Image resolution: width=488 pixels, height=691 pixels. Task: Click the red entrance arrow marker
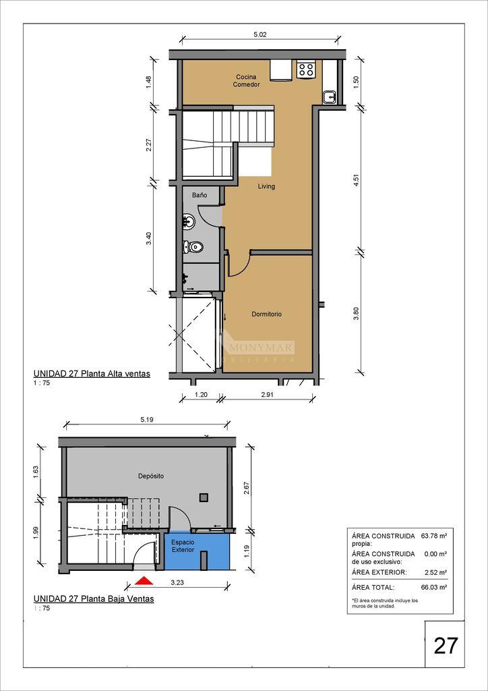click(144, 581)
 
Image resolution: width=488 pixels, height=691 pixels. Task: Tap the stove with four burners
click(306, 70)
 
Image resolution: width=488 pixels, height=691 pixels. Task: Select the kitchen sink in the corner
click(329, 97)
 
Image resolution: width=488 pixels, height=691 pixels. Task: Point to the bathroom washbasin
click(189, 221)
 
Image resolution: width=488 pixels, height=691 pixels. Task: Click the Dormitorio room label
click(267, 314)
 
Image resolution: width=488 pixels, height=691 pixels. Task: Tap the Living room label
click(266, 186)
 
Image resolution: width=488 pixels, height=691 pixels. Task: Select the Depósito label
click(151, 476)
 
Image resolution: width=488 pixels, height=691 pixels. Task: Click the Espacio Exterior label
click(183, 547)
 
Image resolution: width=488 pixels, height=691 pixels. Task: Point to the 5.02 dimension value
click(261, 34)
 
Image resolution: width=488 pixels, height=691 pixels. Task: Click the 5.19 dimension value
click(146, 420)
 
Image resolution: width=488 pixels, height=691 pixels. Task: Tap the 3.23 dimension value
click(177, 582)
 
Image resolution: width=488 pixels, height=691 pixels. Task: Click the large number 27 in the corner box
click(446, 646)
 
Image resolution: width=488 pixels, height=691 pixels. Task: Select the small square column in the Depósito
click(204, 497)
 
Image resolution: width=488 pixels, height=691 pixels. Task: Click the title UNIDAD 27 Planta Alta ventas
click(92, 374)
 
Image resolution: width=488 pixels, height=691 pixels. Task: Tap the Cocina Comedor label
click(246, 81)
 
